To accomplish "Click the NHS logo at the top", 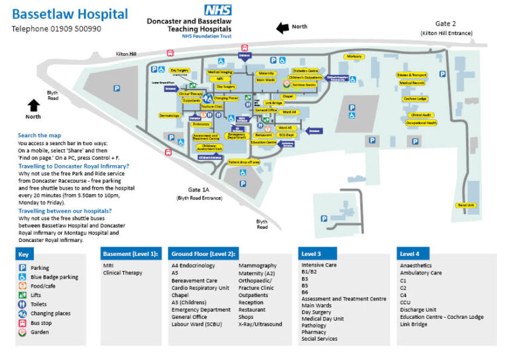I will coord(217,9).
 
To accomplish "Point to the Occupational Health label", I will coord(421,123).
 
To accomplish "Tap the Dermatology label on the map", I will coord(170,115).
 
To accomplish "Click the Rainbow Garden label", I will coord(304,84).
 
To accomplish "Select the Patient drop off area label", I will coord(243,161).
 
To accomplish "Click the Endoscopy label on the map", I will coord(201,124).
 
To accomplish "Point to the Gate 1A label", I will coord(199,190).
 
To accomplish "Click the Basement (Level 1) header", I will coord(131,253).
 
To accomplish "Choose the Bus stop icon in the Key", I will coord(23,323).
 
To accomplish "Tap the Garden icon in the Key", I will coord(23,332).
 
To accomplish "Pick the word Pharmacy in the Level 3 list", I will coord(313,332).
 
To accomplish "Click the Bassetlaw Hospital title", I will coord(70,13).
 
